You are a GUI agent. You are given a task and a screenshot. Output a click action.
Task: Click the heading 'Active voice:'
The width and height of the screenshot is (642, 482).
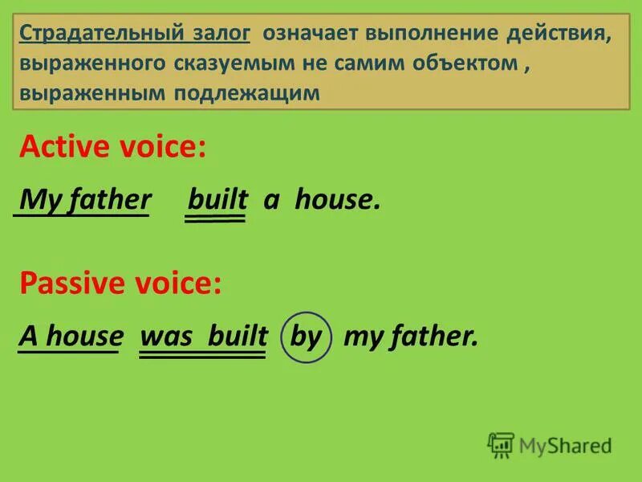pos(112,149)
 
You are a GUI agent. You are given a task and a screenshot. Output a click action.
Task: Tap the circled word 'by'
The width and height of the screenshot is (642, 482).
pos(306,337)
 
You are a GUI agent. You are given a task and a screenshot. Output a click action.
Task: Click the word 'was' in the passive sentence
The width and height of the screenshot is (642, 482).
pos(167,337)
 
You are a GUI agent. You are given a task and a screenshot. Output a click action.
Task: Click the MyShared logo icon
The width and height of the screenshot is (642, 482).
pos(501,444)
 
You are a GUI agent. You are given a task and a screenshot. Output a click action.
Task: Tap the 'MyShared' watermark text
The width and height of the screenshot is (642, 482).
pos(565,445)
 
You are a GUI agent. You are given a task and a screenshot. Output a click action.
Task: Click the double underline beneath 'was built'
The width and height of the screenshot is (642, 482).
pos(203,355)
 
